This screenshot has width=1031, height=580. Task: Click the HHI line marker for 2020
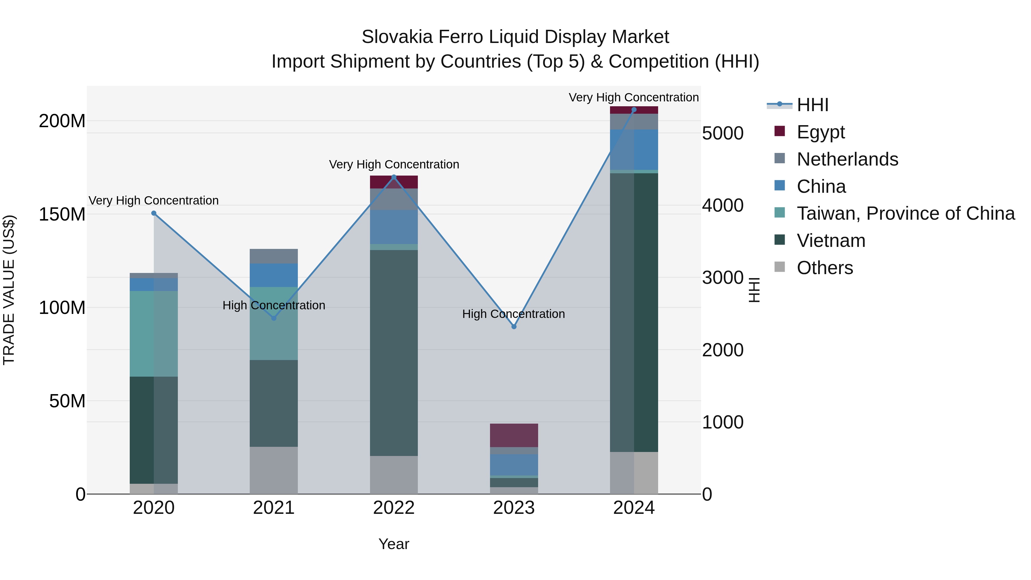pos(154,213)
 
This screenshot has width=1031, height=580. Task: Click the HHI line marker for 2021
pos(274,318)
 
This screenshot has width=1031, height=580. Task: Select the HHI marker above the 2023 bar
pos(514,327)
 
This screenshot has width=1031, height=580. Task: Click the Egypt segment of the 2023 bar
pos(514,435)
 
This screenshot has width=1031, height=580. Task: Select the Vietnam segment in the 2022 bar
pos(394,352)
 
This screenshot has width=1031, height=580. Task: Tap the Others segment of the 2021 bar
pos(274,470)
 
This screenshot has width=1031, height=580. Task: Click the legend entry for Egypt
pos(821,132)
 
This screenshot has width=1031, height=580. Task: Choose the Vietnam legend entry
pos(831,241)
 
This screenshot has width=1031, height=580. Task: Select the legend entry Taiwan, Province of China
pos(905,213)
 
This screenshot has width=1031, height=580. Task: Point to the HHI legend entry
pos(812,105)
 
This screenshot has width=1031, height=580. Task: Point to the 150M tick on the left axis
pos(62,214)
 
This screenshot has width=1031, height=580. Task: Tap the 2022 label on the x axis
pos(394,508)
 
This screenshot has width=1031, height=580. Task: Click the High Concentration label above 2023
pos(513,314)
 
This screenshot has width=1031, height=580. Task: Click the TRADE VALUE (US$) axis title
pos(9,290)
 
